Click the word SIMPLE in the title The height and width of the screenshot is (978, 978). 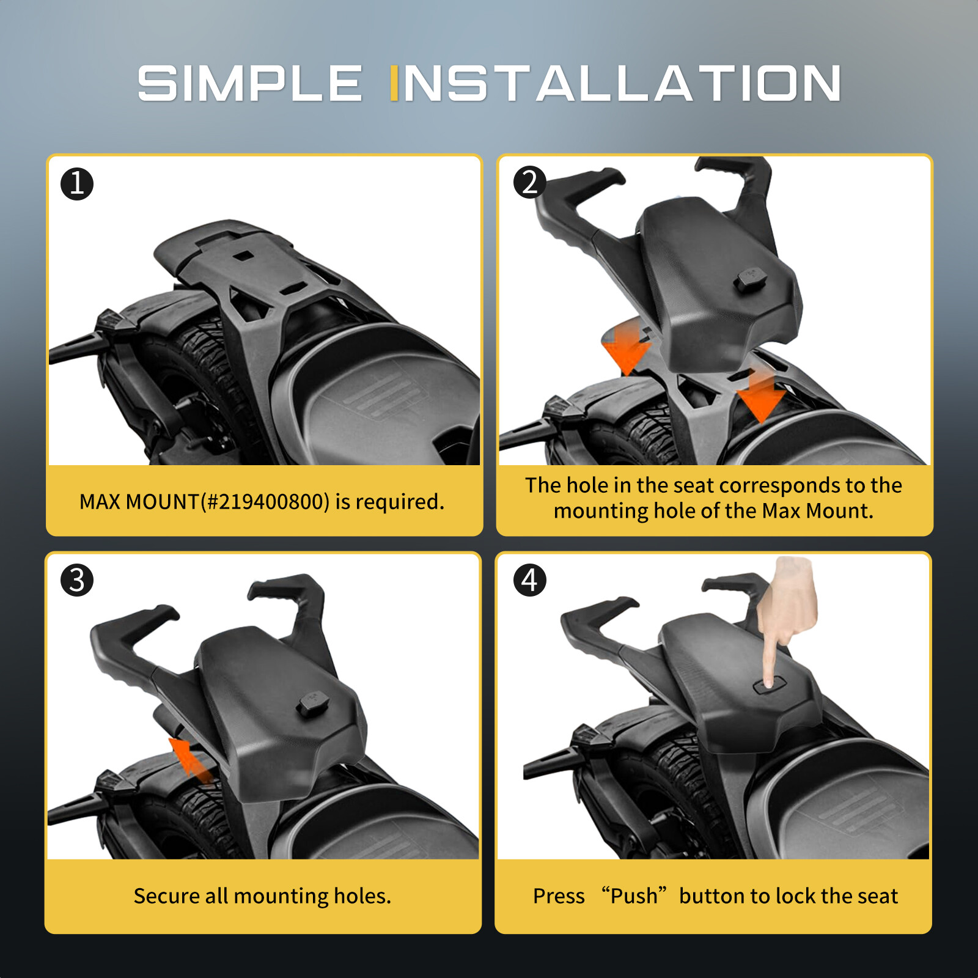coord(249,84)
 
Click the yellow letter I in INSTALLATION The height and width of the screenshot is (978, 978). coord(394,84)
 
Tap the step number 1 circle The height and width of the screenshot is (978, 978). coord(77,184)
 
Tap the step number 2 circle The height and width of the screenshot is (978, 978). coord(529,183)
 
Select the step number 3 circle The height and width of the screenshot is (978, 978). coord(77,580)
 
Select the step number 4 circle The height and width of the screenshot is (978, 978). coord(529,580)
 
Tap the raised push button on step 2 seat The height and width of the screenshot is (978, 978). coord(751,279)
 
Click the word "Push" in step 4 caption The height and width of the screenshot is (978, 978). coord(633,896)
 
